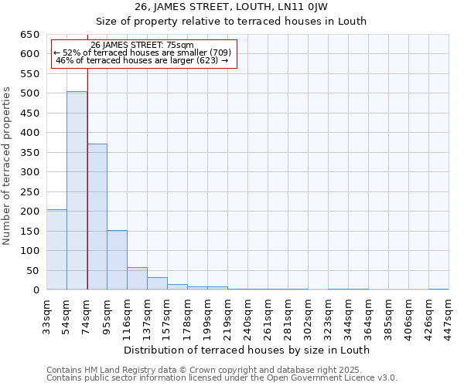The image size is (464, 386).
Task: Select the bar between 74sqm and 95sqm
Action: click(x=97, y=217)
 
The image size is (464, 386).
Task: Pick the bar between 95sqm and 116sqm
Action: click(x=117, y=260)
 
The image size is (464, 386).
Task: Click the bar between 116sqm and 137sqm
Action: click(x=137, y=279)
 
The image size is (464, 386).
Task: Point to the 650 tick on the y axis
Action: click(x=31, y=35)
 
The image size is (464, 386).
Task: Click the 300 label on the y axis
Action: click(x=31, y=172)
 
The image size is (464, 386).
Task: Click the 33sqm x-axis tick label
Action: click(x=46, y=315)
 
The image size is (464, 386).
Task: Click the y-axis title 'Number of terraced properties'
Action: click(x=7, y=165)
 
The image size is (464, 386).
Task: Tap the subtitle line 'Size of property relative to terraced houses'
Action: click(x=231, y=21)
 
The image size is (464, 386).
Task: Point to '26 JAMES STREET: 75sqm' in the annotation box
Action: click(x=142, y=46)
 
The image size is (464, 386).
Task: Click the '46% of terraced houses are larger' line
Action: click(x=142, y=60)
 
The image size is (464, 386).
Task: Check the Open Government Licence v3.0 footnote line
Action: click(x=222, y=378)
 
